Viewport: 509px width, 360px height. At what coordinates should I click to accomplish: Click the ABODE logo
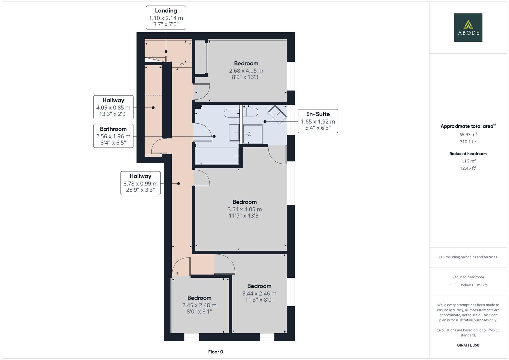pos(468,27)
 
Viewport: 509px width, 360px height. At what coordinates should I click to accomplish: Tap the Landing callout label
pos(166,17)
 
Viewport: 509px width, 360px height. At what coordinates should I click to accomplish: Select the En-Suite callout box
pos(318,121)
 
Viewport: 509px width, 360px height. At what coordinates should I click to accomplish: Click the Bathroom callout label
pos(113,136)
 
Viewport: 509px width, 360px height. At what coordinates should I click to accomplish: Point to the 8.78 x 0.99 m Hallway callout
pos(140,183)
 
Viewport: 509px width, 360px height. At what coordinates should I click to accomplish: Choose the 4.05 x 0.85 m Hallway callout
pos(113,107)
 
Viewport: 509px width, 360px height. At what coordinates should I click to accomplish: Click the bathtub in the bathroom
pos(217,156)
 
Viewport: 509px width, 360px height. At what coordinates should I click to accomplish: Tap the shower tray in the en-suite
pos(252,134)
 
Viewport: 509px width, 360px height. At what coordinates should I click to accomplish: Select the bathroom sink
pos(234,133)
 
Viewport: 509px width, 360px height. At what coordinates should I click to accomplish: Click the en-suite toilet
pos(250,112)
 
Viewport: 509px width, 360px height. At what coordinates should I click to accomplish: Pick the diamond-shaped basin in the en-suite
pos(277,114)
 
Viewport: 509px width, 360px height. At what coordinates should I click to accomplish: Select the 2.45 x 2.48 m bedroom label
pos(199,305)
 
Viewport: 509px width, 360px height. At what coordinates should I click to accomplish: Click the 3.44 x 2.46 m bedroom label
pos(259,293)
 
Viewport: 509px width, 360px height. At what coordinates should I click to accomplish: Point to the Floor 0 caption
pos(216,352)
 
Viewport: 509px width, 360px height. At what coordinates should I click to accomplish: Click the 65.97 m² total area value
pos(468,134)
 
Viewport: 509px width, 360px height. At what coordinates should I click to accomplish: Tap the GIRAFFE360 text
pos(468,345)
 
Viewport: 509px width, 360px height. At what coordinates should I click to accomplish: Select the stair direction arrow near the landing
pos(182,65)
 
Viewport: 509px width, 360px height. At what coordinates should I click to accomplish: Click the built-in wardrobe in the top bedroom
pos(201,57)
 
